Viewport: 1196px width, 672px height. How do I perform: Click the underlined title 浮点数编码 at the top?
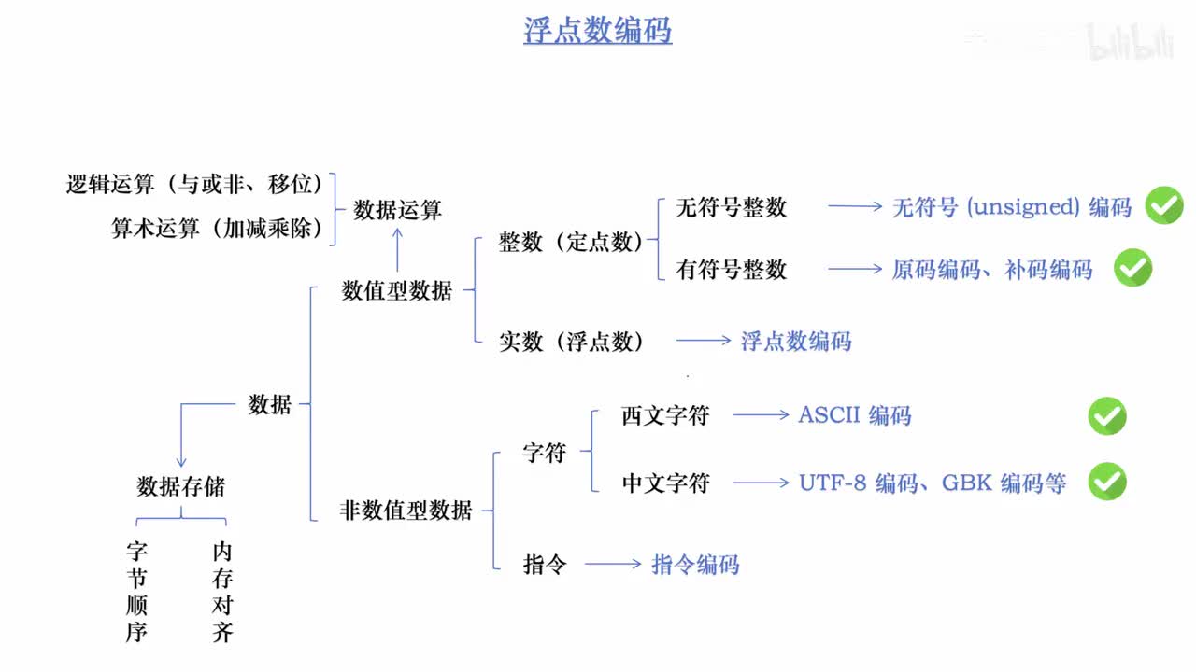coord(597,30)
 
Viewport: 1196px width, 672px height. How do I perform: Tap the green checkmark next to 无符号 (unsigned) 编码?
coord(1164,205)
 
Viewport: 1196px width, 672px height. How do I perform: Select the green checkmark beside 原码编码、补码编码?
coord(1132,268)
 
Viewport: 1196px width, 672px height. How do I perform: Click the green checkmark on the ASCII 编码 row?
coord(1107,415)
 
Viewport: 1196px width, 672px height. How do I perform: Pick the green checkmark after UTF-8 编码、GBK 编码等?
coord(1107,482)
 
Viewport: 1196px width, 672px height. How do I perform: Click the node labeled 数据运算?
coord(397,210)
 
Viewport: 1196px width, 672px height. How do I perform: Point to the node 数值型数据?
coord(397,290)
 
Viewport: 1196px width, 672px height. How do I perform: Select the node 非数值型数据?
coord(406,510)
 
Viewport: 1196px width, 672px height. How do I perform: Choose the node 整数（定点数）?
coord(570,243)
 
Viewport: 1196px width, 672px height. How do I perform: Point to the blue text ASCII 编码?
coord(854,415)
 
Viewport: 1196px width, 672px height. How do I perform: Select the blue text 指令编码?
coord(695,564)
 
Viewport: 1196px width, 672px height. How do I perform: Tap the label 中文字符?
coord(665,483)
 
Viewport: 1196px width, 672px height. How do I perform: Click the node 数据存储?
coord(180,486)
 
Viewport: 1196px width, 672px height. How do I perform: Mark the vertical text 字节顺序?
coord(137,592)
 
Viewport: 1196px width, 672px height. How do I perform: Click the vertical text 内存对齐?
coord(222,592)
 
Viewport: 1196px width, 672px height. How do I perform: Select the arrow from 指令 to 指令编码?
coord(612,564)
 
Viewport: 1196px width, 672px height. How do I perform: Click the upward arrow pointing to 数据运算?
coord(397,251)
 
